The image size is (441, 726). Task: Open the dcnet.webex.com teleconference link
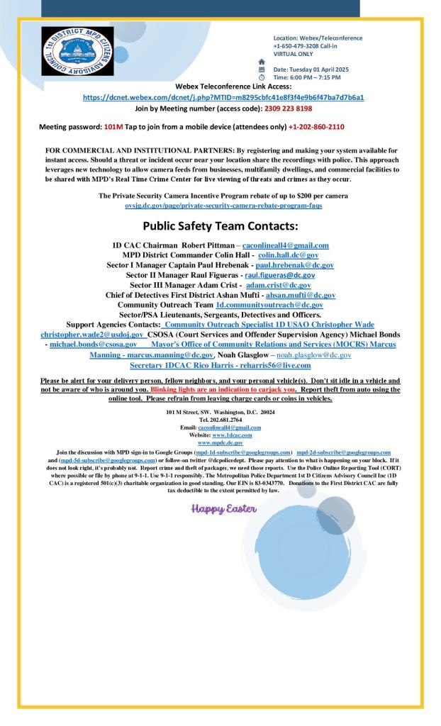coord(223,97)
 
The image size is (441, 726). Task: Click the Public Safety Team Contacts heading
coord(220,226)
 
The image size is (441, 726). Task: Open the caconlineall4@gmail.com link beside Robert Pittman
coord(286,245)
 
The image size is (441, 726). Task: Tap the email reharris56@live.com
coord(272,365)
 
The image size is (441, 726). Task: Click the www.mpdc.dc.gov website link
coord(220,442)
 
